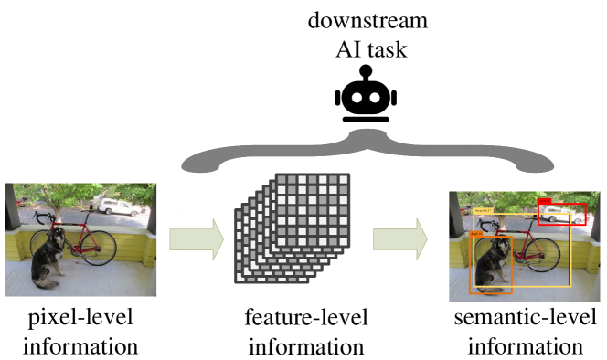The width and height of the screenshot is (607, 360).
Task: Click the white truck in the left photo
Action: pos(119,207)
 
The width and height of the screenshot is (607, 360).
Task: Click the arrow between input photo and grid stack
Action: pos(196,239)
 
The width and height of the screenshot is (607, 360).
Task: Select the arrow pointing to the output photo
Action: pos(399,239)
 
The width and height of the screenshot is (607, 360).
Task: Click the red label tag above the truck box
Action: pos(544,201)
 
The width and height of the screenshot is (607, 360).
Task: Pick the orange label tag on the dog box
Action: pos(476,234)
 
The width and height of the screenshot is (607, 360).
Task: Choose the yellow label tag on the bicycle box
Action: pos(484,211)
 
